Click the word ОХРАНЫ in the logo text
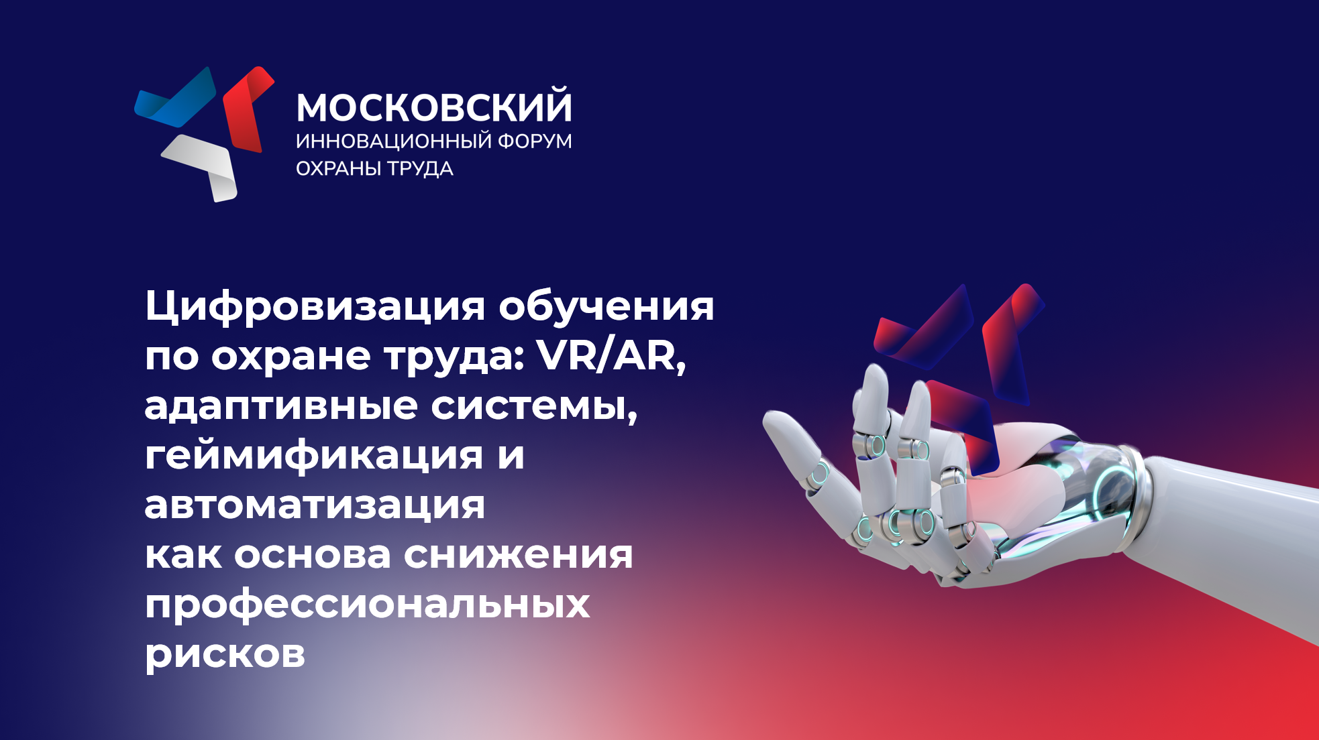(x=338, y=168)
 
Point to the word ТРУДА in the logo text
(x=420, y=169)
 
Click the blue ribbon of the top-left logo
(x=176, y=99)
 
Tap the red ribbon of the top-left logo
(x=247, y=109)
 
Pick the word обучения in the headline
(x=606, y=306)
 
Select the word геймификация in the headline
(x=314, y=456)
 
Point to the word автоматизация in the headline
(x=315, y=505)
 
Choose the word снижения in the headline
(x=518, y=555)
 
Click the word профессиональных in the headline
(x=367, y=604)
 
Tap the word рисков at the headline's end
(x=225, y=654)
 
